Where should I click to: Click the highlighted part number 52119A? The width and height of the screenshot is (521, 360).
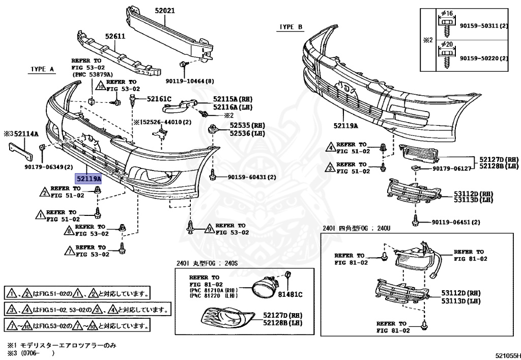pos(89,179)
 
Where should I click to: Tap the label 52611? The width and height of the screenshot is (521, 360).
pos(115,36)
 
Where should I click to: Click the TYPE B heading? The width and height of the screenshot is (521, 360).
pos(291,26)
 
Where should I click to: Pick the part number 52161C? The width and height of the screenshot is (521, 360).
pos(159,99)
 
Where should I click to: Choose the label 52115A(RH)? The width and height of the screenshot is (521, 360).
pos(233,99)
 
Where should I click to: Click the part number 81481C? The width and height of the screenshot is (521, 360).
pos(290,294)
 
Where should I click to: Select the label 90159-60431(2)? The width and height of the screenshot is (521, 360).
pos(252,177)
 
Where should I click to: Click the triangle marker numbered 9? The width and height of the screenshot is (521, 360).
pos(208,229)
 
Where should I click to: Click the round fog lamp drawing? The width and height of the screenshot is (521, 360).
pos(263,291)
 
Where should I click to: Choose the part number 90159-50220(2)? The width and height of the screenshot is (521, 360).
pos(483,59)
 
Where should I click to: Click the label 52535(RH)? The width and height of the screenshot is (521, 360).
pos(247,125)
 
